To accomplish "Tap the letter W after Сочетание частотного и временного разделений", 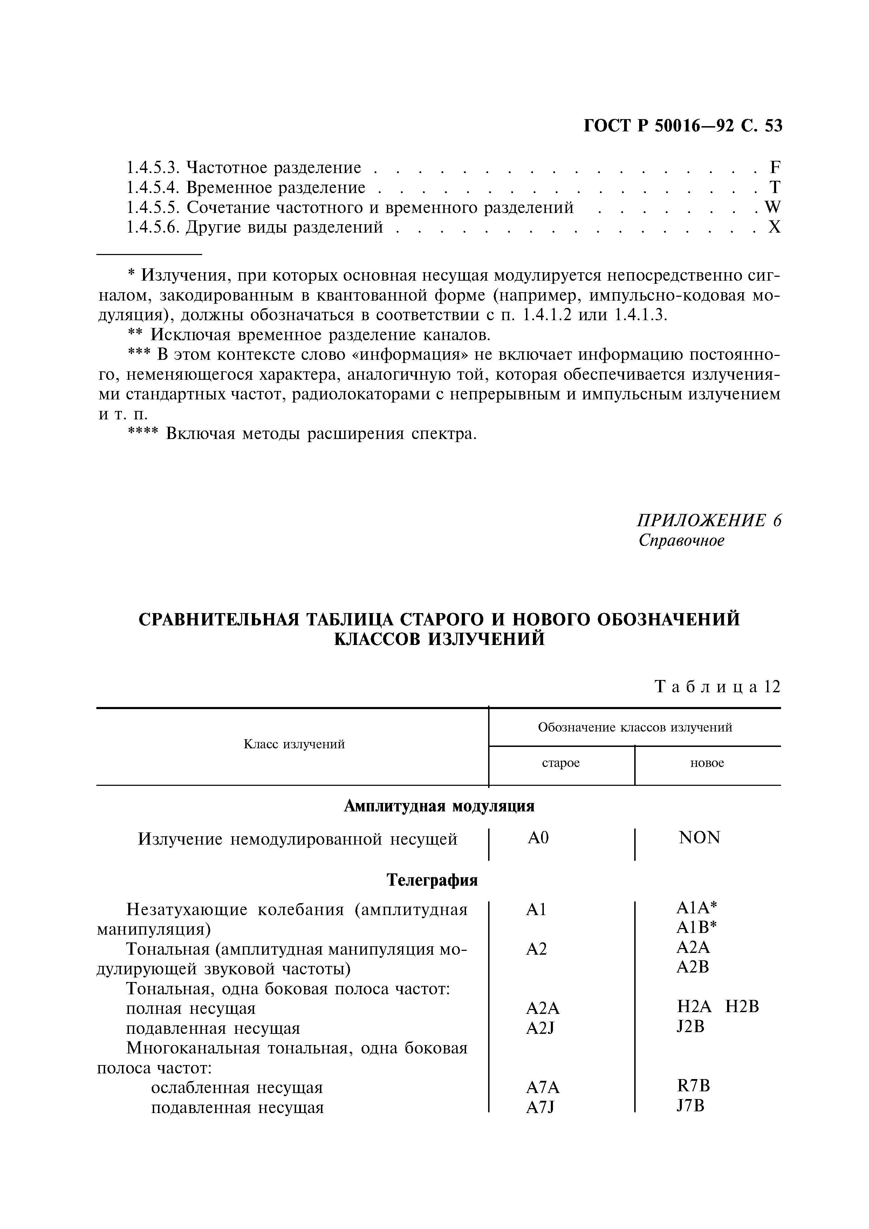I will pyautogui.click(x=773, y=207).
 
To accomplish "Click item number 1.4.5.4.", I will pyautogui.click(x=152, y=188).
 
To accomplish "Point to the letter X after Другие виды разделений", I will pyautogui.click(x=775, y=227).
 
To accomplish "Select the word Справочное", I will pyautogui.click(x=681, y=541).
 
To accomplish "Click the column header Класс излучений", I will pyautogui.click(x=294, y=744).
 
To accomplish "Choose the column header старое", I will pyautogui.click(x=561, y=763).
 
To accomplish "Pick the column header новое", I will pyautogui.click(x=707, y=763).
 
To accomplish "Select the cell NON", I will pyautogui.click(x=699, y=837).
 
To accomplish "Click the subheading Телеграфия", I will pyautogui.click(x=432, y=880).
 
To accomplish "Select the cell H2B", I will pyautogui.click(x=742, y=1007).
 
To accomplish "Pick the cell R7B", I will pyautogui.click(x=693, y=1086).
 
